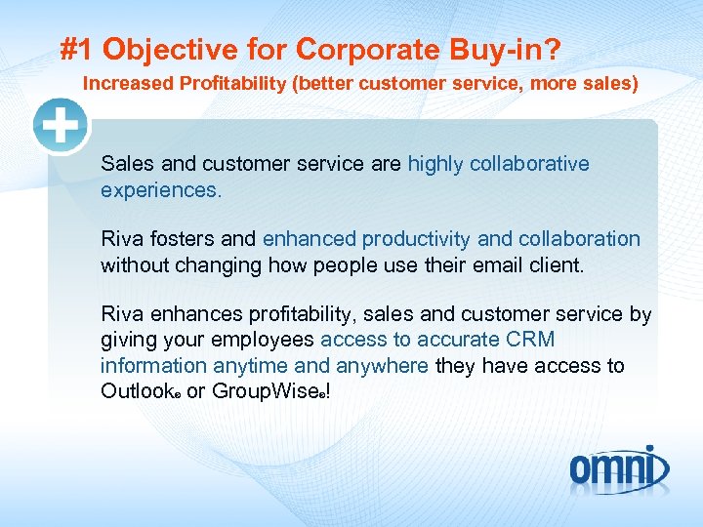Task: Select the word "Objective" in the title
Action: click(166, 49)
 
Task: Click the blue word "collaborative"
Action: click(529, 164)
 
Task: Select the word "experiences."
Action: click(161, 190)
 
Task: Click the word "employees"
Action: click(267, 341)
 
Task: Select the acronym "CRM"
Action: click(531, 341)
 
